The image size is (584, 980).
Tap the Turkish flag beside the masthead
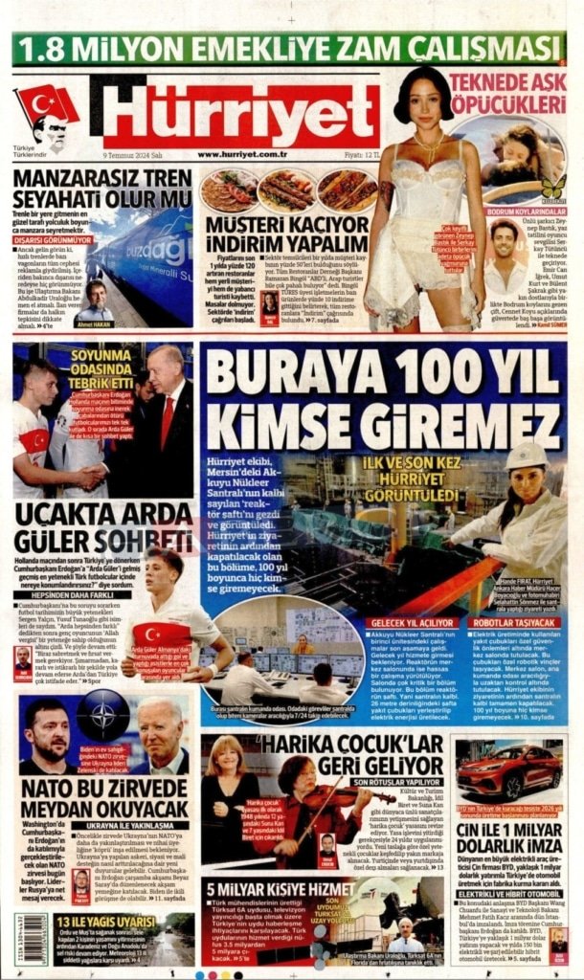point(45,103)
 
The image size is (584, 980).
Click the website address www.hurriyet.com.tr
point(243,153)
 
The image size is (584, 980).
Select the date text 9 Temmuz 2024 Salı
point(132,153)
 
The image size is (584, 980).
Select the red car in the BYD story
point(508,770)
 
